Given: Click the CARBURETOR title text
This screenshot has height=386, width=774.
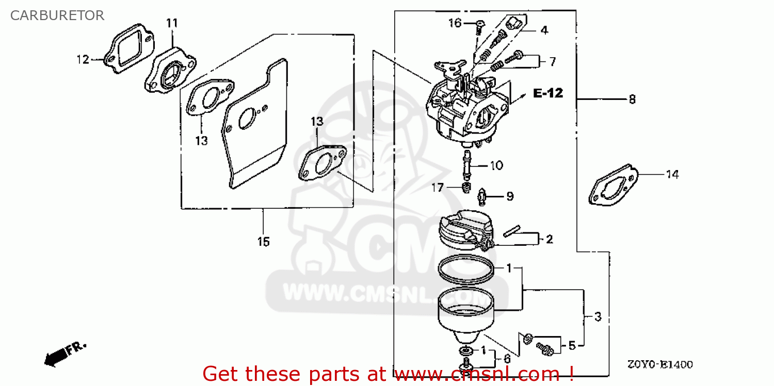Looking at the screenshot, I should [x=57, y=15].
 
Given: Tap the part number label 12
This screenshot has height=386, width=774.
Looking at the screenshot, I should [x=83, y=60].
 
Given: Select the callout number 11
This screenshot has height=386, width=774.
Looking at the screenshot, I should [x=172, y=23].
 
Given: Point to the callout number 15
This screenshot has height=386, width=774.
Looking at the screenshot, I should [x=263, y=241].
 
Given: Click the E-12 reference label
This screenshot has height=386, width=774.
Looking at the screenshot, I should [x=548, y=93].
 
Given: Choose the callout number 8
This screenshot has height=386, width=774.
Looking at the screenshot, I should [x=632, y=99].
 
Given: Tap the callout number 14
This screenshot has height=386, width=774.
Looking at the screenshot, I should [x=672, y=175].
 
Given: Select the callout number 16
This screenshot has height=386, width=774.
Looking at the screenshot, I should [x=455, y=23].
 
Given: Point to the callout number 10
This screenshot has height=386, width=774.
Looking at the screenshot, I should [x=496, y=165].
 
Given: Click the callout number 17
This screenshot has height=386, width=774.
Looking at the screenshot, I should [x=437, y=188].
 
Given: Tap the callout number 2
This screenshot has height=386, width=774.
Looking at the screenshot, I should [x=549, y=239].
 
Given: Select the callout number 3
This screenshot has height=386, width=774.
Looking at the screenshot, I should [x=598, y=316].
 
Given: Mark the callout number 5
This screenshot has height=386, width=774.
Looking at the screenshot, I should [x=572, y=345].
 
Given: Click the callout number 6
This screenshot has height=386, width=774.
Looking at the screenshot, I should [x=507, y=359].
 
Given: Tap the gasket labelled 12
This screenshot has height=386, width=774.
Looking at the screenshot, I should [x=129, y=49].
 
